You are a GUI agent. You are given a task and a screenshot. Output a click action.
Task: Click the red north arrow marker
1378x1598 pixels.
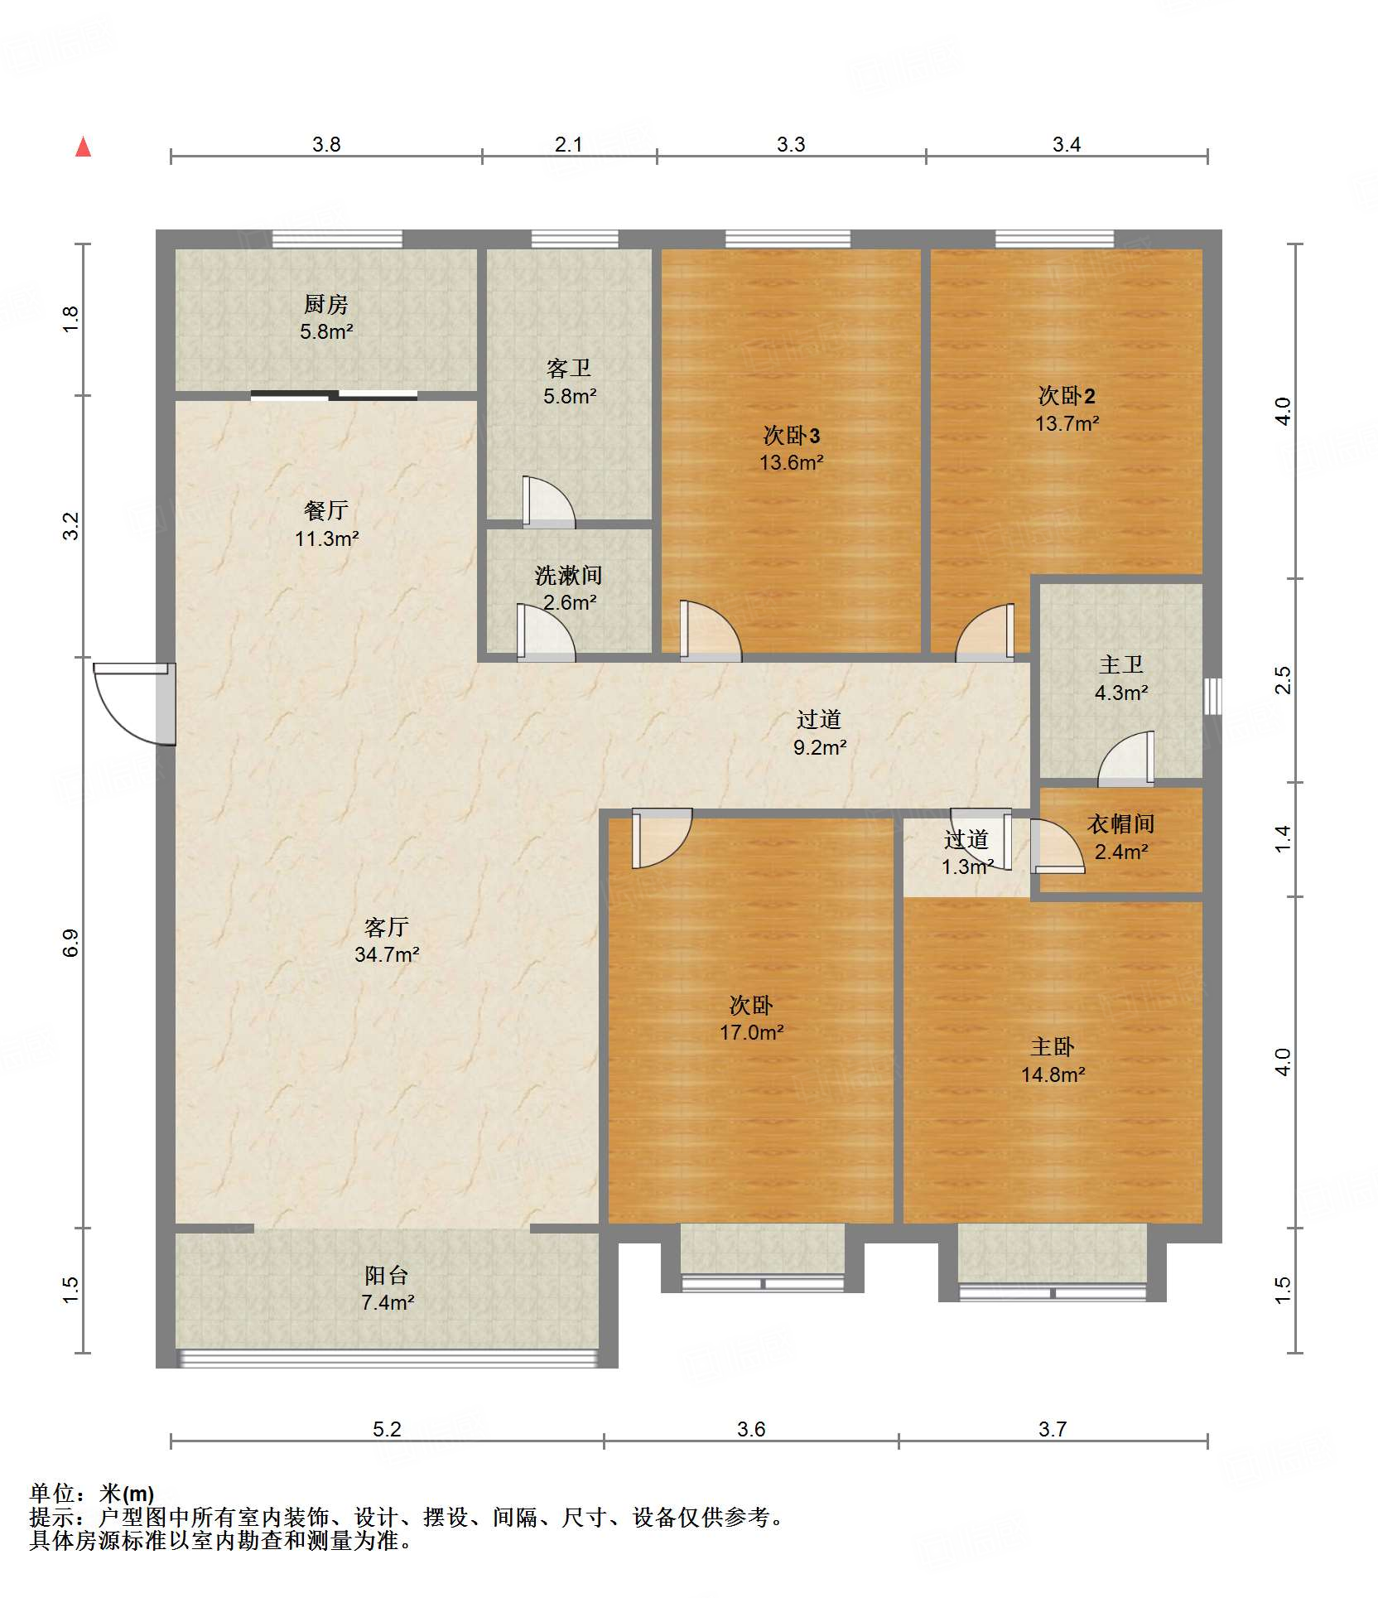point(83,147)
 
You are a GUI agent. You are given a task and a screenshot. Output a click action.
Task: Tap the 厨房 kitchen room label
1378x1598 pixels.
point(325,305)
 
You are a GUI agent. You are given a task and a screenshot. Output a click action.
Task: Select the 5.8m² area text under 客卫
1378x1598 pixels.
point(570,396)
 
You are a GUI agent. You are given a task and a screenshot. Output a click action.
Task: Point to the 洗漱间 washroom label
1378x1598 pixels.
point(568,575)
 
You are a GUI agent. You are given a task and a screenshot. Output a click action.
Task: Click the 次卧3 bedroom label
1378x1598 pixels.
point(792,435)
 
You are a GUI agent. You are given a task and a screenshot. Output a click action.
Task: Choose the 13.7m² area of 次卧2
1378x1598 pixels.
point(1067,423)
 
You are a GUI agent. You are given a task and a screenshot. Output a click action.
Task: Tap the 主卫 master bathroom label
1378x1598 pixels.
point(1121,664)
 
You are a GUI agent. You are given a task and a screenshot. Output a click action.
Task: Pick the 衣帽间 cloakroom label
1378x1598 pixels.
point(1120,823)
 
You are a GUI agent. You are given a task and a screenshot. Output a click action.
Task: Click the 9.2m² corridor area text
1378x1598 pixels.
point(820,747)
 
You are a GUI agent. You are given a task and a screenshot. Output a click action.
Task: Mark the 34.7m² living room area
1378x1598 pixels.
point(387,954)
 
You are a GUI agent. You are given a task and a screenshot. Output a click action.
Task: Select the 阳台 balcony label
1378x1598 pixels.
point(387,1275)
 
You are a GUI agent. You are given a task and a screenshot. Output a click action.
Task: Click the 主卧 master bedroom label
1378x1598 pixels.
point(1053,1047)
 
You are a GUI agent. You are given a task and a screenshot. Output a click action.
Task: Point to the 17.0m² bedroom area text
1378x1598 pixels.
point(751,1032)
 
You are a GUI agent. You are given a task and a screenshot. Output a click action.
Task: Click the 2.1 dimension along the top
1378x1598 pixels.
point(568,144)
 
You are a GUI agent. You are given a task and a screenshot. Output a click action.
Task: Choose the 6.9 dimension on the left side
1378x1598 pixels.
point(71,943)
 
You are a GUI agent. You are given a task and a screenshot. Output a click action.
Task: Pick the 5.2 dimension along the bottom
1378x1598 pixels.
point(387,1429)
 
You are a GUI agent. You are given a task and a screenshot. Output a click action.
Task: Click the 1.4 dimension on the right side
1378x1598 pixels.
point(1283,838)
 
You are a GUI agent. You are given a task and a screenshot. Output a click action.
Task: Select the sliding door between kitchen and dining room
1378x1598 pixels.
point(334,395)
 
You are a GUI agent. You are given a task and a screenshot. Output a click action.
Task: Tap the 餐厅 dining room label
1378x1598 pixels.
point(325,510)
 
